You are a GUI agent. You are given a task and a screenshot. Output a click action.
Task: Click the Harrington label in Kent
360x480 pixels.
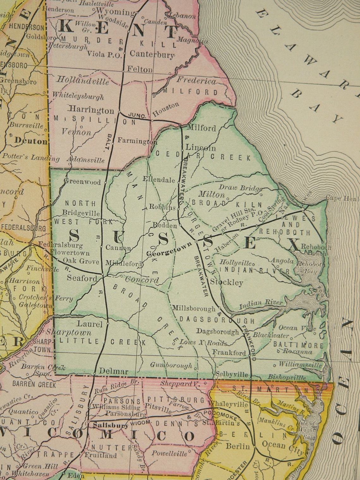coord(91,111)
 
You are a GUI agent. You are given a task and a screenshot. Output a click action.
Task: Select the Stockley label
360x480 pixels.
coord(227,282)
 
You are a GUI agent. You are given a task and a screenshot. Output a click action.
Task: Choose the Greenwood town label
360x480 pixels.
coord(82,182)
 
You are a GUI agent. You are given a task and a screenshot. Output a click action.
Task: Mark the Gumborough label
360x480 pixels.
coord(171,365)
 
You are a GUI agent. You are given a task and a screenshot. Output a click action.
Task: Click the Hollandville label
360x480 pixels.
coord(82,80)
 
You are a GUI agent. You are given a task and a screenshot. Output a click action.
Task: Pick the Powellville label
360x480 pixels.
coord(169,453)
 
